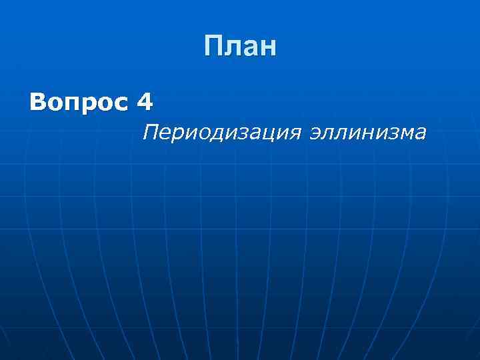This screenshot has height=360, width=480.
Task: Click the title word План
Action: click(x=240, y=47)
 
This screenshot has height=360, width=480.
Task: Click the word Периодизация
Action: click(x=223, y=133)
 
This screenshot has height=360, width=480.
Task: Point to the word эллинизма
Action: click(x=369, y=133)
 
